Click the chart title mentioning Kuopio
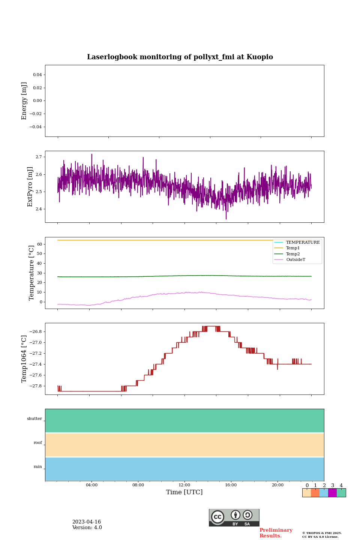pos(180,57)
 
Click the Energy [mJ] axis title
pos(24,101)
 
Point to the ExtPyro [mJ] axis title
pos(30,187)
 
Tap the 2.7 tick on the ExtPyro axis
pos(39,157)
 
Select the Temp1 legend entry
pos(293,248)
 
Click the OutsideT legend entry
pos(295,260)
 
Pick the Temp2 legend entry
pos(293,254)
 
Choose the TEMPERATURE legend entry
pos(303,243)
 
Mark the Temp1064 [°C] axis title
pos(24,359)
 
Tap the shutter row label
pos(34,419)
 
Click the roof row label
pos(38,443)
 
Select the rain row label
pos(38,467)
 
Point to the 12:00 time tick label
pos(184,485)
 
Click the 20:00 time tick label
pos(277,485)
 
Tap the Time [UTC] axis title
pos(184,492)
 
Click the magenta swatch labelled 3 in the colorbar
pos(332,493)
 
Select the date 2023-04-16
pos(87,522)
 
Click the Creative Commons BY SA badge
pos(234,517)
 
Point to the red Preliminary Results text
pos(276,533)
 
